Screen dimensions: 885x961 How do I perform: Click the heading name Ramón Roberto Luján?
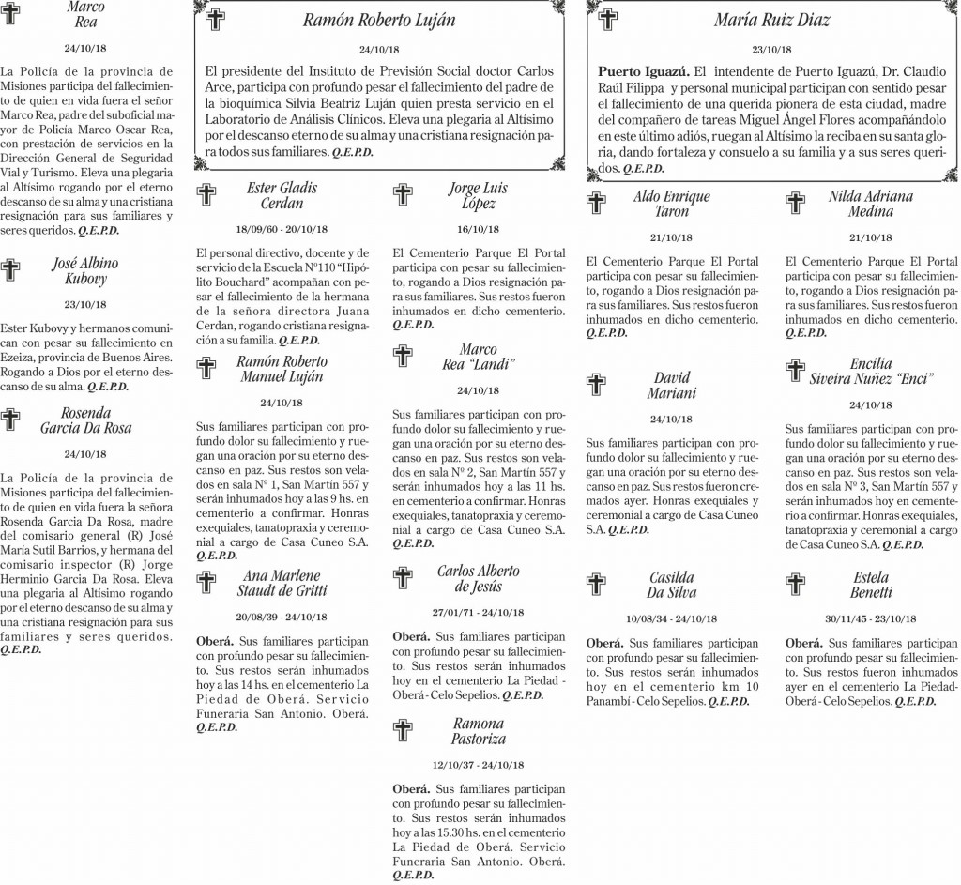click(379, 21)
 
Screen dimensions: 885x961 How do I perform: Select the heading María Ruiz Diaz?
click(771, 20)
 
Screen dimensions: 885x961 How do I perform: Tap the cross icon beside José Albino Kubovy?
click(11, 270)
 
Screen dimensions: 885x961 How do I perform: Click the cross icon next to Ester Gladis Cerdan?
click(206, 195)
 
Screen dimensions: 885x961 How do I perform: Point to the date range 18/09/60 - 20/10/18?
click(282, 229)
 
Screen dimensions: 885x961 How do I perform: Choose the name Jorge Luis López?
click(478, 195)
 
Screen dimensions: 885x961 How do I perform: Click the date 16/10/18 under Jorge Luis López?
click(478, 229)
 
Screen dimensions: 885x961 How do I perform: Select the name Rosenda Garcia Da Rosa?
click(85, 420)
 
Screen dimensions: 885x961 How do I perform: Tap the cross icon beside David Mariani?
click(595, 384)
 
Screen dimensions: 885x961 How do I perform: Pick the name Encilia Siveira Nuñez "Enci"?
click(871, 371)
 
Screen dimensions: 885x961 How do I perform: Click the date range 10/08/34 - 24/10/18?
click(671, 618)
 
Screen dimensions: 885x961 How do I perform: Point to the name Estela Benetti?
click(871, 585)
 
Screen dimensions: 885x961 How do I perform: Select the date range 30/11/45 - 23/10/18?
click(871, 618)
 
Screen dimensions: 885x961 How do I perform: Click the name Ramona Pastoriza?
click(478, 731)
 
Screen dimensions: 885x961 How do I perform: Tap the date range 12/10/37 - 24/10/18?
click(478, 765)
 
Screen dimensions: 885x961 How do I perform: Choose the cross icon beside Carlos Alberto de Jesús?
click(403, 577)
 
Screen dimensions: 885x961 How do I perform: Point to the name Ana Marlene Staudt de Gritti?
click(282, 583)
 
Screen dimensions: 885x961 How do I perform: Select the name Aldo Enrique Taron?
click(671, 204)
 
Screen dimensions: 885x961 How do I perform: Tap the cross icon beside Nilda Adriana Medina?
click(795, 203)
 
